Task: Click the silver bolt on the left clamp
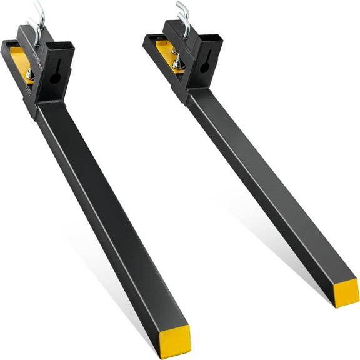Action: coord(29,74)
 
